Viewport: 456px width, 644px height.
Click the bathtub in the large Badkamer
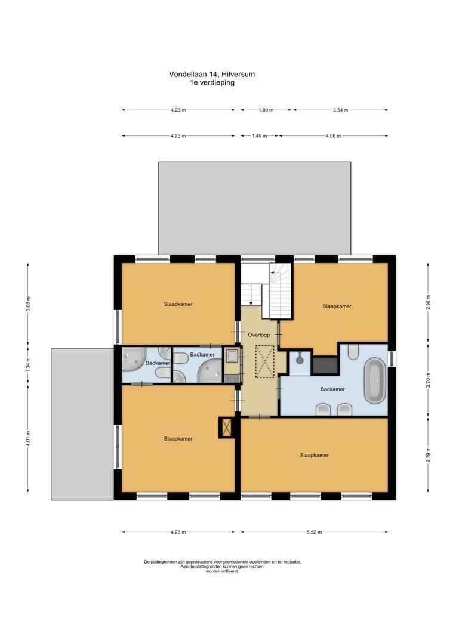375,380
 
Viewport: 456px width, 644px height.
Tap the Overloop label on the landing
260,335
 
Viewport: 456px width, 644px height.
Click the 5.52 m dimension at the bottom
314,532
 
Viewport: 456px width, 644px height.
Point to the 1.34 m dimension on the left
28,364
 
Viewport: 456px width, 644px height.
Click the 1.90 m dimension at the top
266,110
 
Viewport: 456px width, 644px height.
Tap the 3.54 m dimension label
341,110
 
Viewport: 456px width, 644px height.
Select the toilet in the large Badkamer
352,353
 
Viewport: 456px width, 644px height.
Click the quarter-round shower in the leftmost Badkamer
132,359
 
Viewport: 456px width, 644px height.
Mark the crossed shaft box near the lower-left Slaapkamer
226,428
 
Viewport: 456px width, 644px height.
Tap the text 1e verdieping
212,83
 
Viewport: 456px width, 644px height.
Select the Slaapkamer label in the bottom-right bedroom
314,455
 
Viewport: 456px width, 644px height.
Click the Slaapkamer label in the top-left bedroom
178,304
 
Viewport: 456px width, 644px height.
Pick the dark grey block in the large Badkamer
325,365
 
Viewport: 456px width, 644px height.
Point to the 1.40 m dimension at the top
259,135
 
